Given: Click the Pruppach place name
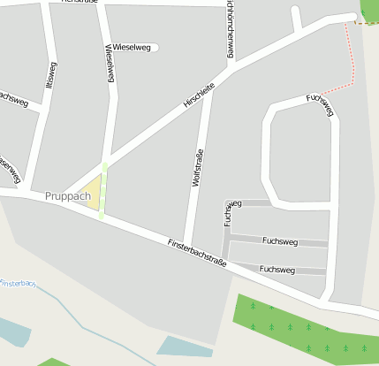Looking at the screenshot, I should coord(66,194).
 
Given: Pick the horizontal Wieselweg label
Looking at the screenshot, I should coord(132,47).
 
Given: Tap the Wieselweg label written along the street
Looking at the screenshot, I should coord(110,63).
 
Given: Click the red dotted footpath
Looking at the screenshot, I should coord(352,62).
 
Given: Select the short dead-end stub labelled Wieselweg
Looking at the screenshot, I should coord(150,48).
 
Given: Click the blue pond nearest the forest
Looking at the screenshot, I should coord(184,346).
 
